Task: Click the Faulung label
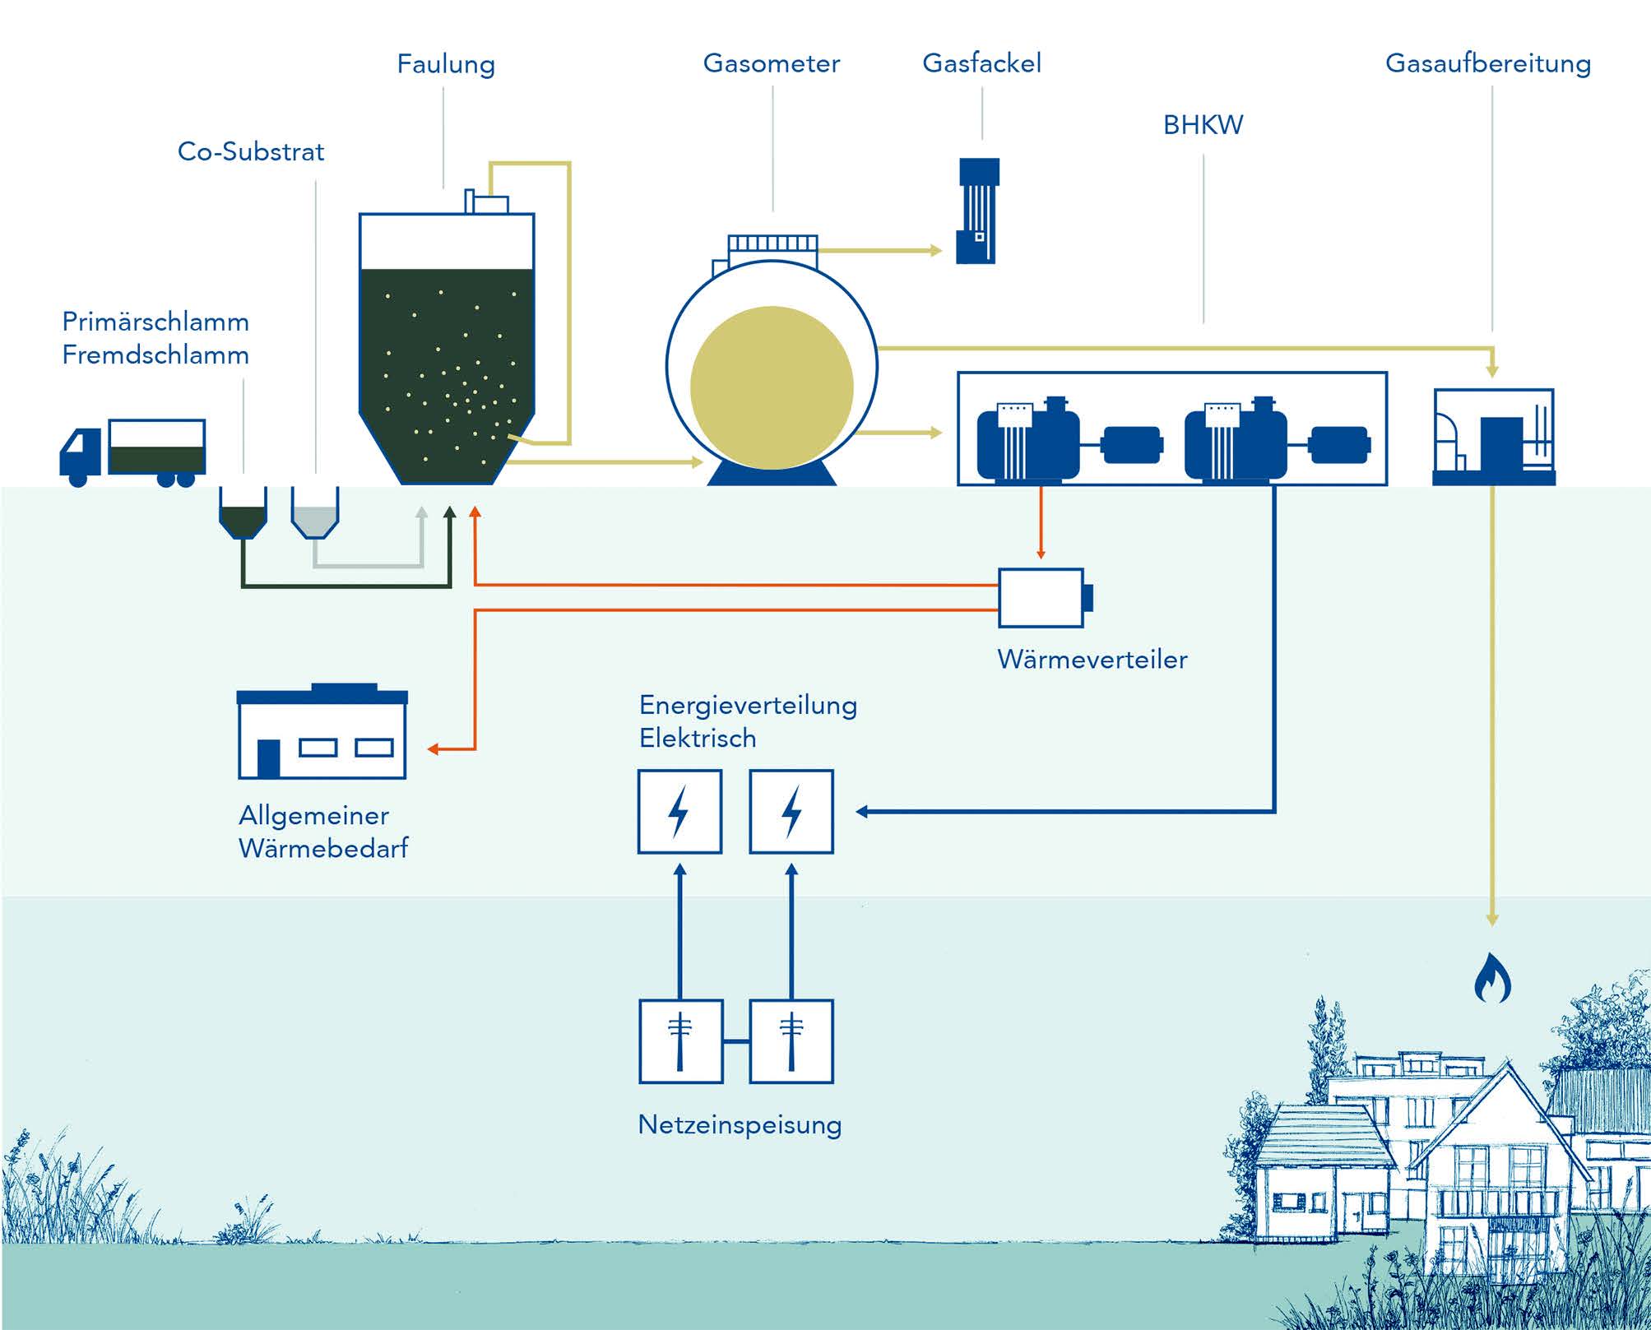tap(446, 64)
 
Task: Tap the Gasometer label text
tap(771, 63)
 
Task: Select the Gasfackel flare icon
tap(977, 211)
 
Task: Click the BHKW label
tap(1203, 125)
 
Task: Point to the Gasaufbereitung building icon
tap(1493, 437)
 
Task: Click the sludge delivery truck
tap(132, 452)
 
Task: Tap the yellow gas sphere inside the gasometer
tap(771, 387)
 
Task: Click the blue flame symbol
tap(1491, 979)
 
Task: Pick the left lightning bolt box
tap(679, 812)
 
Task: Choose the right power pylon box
tap(791, 1041)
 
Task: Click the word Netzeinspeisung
tap(740, 1124)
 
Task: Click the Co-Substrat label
tap(251, 151)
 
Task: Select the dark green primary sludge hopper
tap(243, 512)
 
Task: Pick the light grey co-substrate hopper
tap(315, 512)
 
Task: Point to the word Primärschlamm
tap(155, 322)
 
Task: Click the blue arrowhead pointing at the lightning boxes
tap(862, 812)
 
